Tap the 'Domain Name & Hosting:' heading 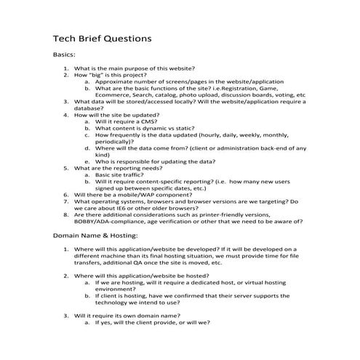coord(97,237)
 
